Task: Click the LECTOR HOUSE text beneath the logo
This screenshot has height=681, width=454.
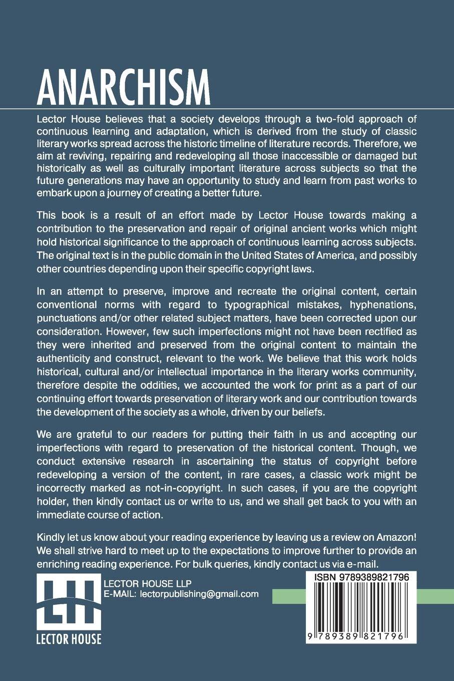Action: click(69, 639)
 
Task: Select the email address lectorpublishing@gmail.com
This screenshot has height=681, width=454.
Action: click(199, 594)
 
